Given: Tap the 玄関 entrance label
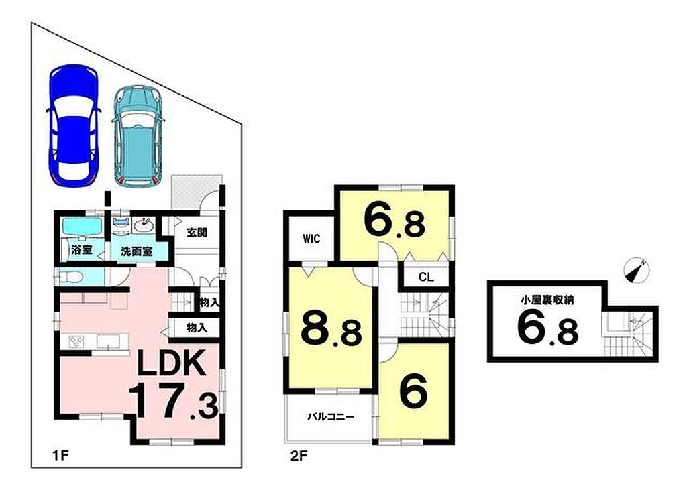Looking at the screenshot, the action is (197, 233).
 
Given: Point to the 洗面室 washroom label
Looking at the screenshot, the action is (137, 252).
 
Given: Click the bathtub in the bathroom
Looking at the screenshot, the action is (83, 227).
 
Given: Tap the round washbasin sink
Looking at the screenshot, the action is (143, 227).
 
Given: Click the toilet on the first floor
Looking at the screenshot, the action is (70, 277).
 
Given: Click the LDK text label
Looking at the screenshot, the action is (171, 363).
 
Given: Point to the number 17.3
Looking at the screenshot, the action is (175, 401).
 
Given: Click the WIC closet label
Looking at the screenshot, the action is (311, 239).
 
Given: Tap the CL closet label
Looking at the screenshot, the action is (426, 277).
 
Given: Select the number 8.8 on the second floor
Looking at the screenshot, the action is (331, 328).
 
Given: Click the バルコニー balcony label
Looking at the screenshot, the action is (330, 416).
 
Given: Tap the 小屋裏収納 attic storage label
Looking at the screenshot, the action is (547, 300).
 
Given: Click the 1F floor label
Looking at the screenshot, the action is (59, 456).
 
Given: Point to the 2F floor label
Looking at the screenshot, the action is (299, 456).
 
